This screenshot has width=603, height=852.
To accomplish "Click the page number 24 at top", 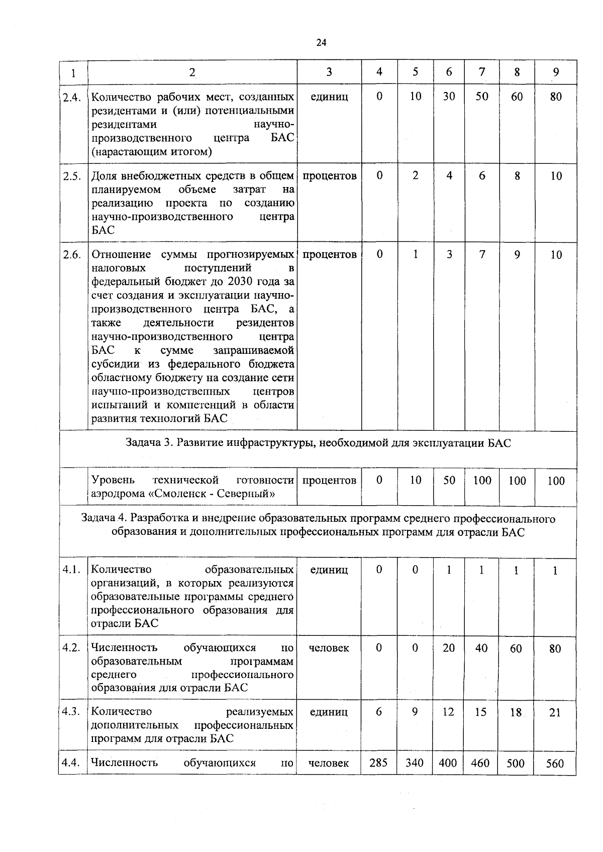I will pos(321,43).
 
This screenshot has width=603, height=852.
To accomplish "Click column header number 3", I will pos(329,72).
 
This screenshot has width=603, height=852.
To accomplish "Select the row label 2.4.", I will pos(72,97).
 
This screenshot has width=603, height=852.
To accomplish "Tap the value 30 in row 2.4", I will pos(449,96).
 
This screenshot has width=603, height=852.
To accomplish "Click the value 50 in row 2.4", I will pos(481,96).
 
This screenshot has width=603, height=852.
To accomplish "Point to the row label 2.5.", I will pos(72,176).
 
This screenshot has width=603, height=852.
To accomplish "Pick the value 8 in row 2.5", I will pos(517,175).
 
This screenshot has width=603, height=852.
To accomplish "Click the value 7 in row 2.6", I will pos(481,254).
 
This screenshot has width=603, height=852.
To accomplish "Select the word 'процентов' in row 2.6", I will pos(330,254).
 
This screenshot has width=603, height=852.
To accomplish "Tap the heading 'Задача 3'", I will pos(148,443).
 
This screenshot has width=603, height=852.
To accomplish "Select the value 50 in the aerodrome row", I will pos(449,480).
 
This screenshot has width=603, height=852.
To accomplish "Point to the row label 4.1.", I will pos(72,570).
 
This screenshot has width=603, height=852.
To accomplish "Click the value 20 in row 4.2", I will pos(449,648).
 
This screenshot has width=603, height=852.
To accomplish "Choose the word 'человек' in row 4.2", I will pos(329,648).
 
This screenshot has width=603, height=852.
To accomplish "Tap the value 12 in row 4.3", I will pos(448,712).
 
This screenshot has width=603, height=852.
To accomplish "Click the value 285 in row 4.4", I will pos(378,763).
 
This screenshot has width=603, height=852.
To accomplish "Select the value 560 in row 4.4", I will pos(555,764).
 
